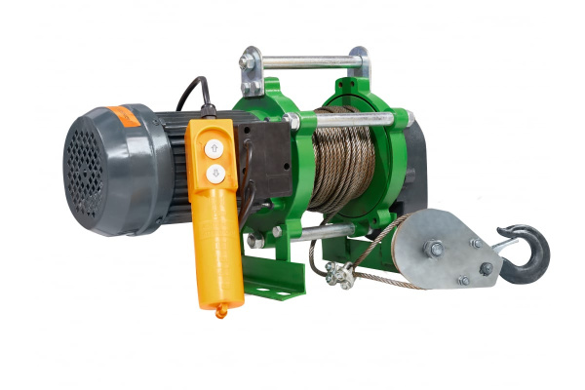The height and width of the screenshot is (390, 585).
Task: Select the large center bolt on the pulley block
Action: tap(435, 249)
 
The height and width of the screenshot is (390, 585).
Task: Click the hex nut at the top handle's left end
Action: tap(249, 62)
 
